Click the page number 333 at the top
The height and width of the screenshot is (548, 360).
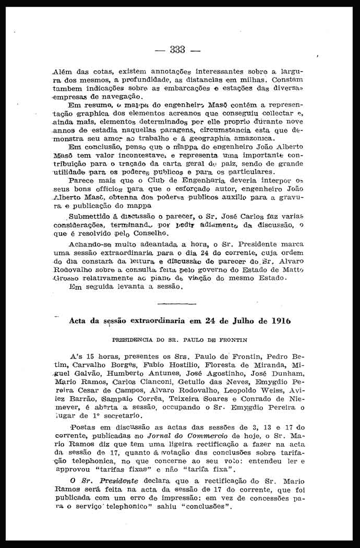(177, 50)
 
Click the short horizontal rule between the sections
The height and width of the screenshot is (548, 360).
(176, 303)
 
